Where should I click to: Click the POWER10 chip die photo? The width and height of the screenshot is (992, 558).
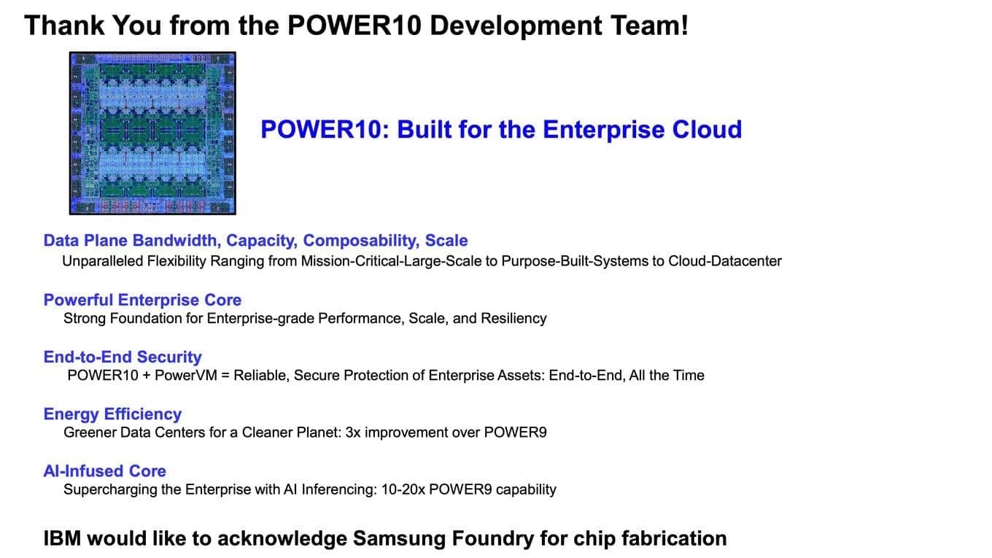pyautogui.click(x=152, y=133)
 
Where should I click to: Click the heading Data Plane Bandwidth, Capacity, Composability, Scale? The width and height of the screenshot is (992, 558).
pyautogui.click(x=255, y=241)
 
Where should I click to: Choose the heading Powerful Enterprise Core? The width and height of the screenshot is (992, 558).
pyautogui.click(x=142, y=300)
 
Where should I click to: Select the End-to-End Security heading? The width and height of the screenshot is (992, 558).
pyautogui.click(x=123, y=357)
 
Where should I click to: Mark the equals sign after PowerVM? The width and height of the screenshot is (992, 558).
pyautogui.click(x=238, y=376)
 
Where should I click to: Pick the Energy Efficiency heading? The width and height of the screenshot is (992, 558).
pyautogui.click(x=112, y=414)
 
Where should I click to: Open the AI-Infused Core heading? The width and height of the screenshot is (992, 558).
pyautogui.click(x=104, y=470)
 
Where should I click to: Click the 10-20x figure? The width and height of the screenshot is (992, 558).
pyautogui.click(x=403, y=489)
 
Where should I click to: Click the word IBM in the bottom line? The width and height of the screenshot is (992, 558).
pyautogui.click(x=62, y=538)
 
